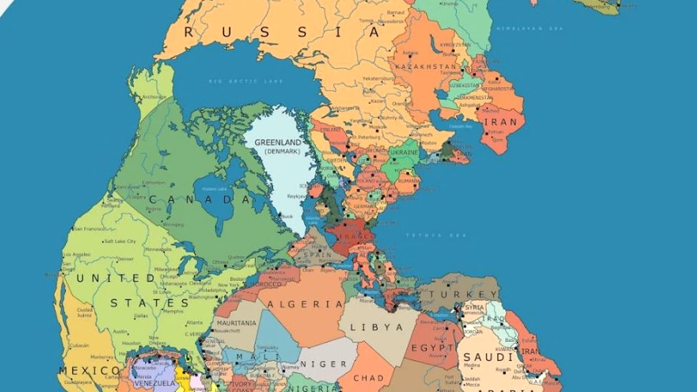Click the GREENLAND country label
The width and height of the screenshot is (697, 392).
[x=277, y=142]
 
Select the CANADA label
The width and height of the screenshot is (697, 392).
[x=202, y=199]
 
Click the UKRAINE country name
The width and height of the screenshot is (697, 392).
[x=403, y=153]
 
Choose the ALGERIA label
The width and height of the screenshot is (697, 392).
[x=305, y=304]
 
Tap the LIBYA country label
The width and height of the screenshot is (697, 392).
[x=377, y=327]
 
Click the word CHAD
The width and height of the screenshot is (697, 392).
[x=369, y=378]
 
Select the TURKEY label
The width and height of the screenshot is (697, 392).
[x=459, y=295]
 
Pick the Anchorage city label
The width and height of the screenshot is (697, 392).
[x=154, y=97]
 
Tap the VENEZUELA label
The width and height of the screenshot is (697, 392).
[x=154, y=384]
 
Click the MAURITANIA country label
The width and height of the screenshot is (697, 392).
[x=236, y=324]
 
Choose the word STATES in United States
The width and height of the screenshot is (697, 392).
[x=149, y=303]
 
